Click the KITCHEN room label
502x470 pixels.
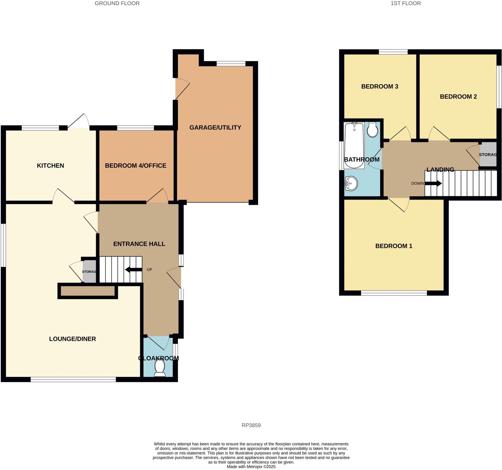point(50,166)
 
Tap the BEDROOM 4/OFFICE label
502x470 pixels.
point(136,166)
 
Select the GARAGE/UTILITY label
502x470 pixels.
point(215,127)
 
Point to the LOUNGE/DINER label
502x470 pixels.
point(73,339)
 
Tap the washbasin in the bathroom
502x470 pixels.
point(351,184)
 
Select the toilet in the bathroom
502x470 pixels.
point(373,130)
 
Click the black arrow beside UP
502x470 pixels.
point(133,270)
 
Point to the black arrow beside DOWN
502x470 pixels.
point(433,183)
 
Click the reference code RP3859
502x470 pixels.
point(251,425)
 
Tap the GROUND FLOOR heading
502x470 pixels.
point(117,3)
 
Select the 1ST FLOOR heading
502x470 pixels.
point(405,3)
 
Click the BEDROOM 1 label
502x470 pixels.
point(394,246)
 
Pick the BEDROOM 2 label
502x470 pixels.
point(458,97)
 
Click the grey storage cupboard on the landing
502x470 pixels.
point(488,154)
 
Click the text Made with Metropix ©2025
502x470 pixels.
point(251,467)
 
